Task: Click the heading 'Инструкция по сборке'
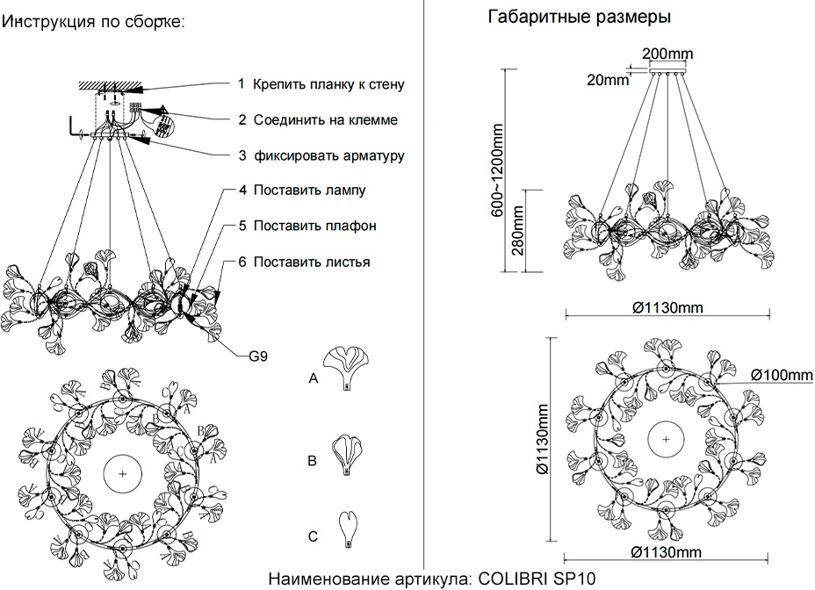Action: (93, 22)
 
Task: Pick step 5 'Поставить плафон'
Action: (314, 226)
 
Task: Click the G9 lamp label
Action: (258, 356)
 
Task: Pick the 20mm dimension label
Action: (607, 80)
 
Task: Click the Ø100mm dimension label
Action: (782, 376)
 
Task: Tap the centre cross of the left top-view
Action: (122, 474)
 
